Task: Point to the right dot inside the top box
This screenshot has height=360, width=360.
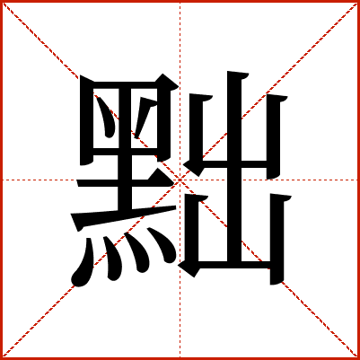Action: tap(145, 117)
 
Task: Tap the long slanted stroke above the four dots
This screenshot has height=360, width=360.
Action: tap(123, 217)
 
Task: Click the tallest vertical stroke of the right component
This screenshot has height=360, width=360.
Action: tap(234, 168)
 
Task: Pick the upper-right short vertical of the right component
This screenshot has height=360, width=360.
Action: tap(274, 136)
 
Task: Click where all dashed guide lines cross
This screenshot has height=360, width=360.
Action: tap(180, 180)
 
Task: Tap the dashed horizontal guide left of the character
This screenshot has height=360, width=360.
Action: tap(39, 180)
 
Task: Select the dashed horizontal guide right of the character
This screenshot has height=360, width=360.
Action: tap(325, 180)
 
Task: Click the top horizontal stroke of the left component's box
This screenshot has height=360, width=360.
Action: tap(128, 85)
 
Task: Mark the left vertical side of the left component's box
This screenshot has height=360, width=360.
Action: tap(86, 119)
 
